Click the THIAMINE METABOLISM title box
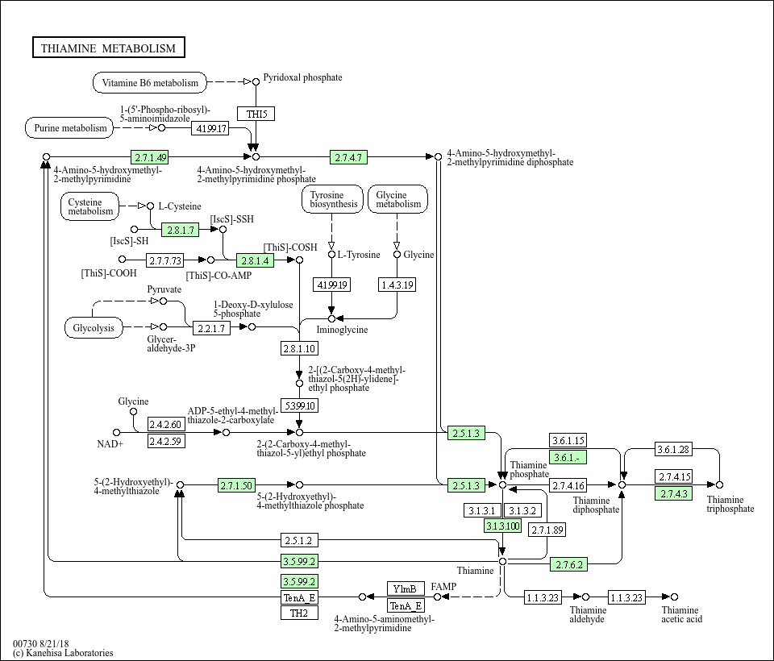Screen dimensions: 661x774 108,48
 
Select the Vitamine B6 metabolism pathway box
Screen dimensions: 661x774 150,82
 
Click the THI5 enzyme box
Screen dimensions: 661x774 256,114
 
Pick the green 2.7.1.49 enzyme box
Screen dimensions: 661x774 151,157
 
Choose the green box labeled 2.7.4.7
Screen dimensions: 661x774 349,157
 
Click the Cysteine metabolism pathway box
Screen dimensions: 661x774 90,206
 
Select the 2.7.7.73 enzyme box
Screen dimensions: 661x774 165,260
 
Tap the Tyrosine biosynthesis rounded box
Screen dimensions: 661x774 332,199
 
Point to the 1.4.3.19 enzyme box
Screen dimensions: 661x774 397,285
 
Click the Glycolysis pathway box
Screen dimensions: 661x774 94,328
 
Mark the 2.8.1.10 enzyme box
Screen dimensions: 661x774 299,348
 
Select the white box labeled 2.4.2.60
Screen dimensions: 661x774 165,425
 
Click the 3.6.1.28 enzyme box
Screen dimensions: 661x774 673,449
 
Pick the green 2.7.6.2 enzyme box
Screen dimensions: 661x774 568,564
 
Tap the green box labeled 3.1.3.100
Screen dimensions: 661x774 502,526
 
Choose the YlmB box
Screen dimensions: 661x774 406,588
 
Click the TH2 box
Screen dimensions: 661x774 299,613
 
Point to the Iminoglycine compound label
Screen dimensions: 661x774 342,330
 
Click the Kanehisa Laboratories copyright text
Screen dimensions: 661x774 63,653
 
